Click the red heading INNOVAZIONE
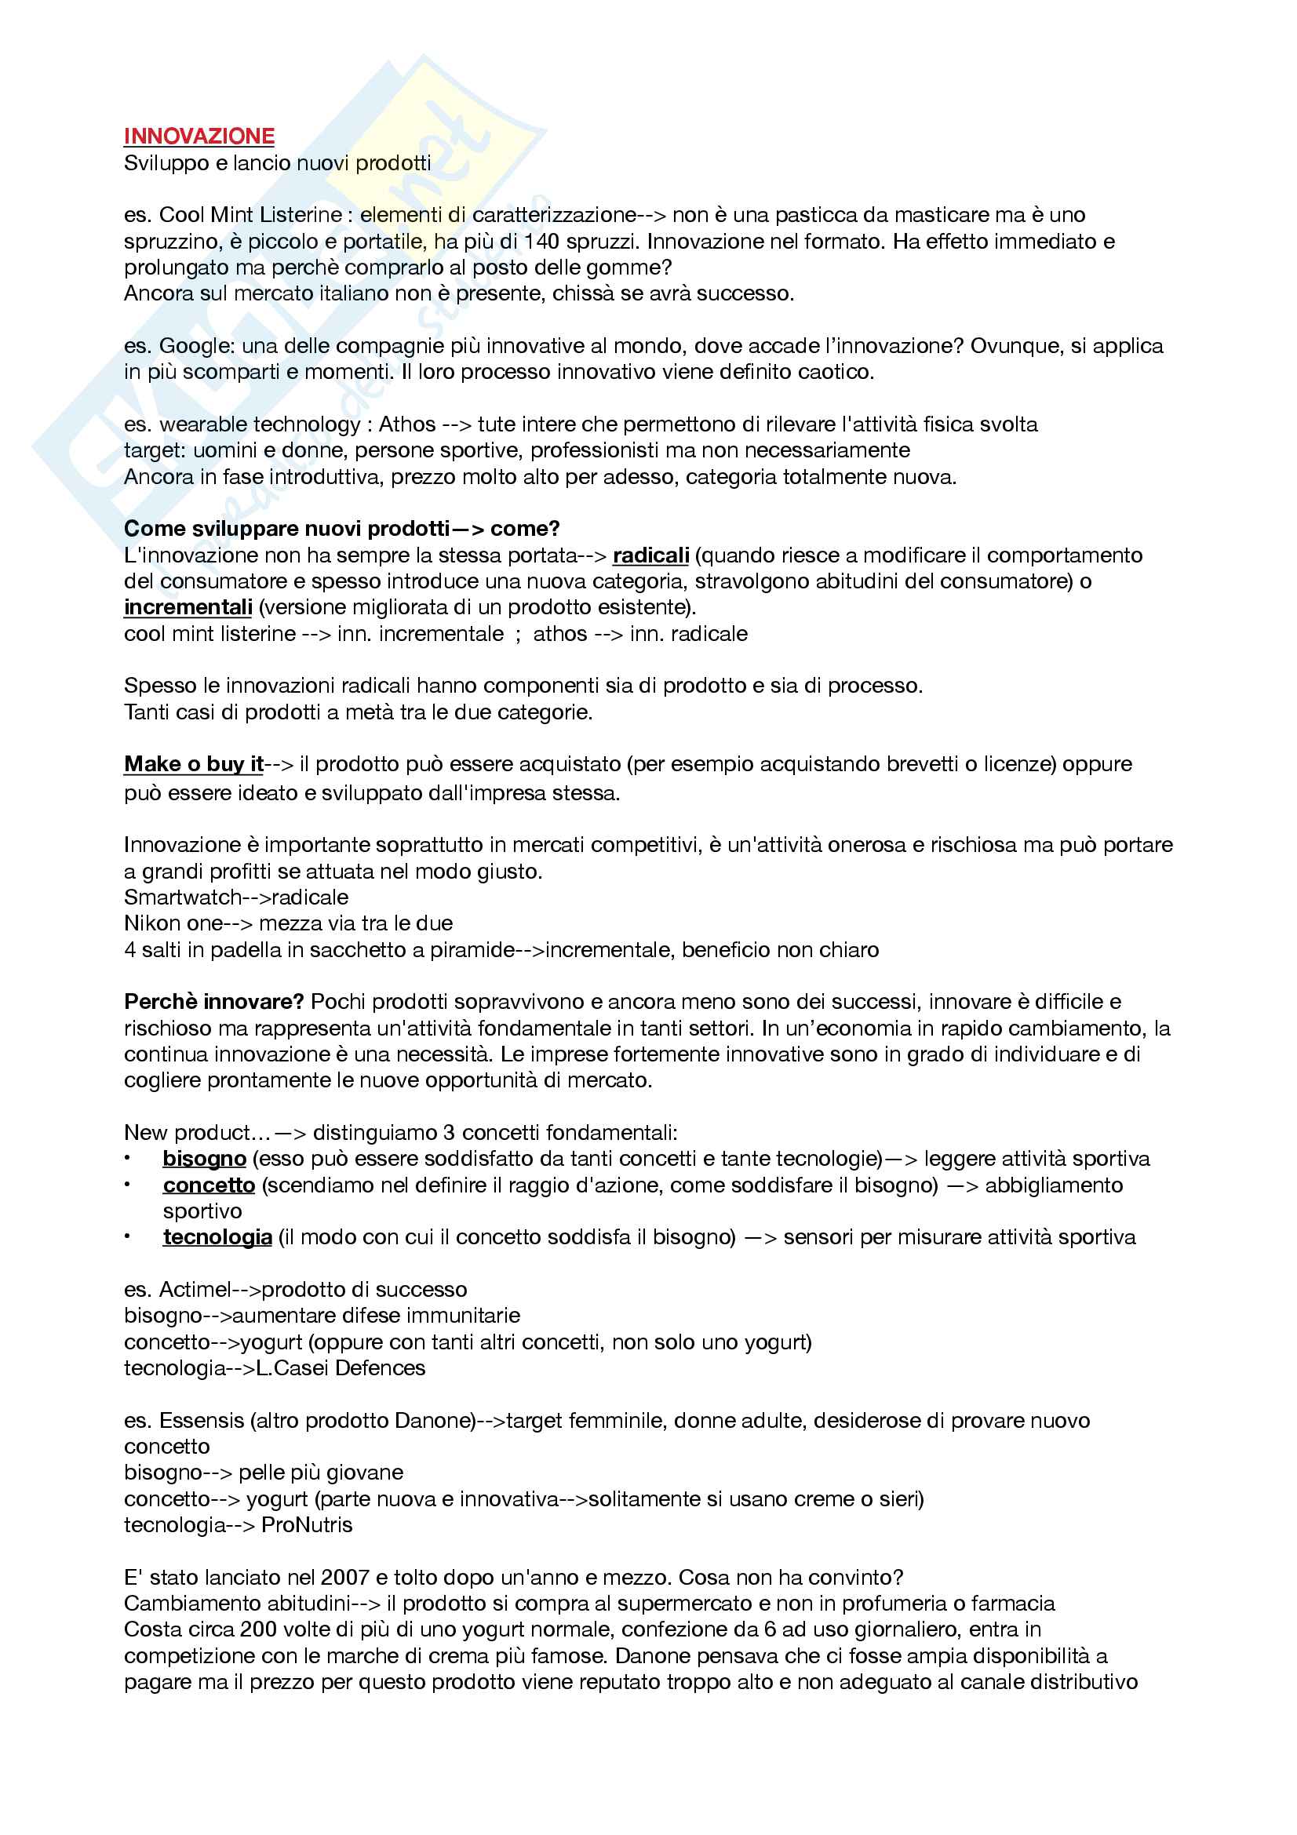(199, 136)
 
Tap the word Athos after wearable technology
(406, 424)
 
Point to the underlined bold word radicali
(650, 555)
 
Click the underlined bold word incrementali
(188, 607)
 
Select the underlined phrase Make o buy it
(193, 764)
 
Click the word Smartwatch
(182, 897)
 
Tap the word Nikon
(148, 924)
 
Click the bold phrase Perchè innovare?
(213, 1002)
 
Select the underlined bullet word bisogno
(204, 1159)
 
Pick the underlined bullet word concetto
(209, 1185)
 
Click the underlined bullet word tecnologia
(217, 1237)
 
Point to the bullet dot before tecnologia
(127, 1236)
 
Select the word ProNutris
(307, 1525)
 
